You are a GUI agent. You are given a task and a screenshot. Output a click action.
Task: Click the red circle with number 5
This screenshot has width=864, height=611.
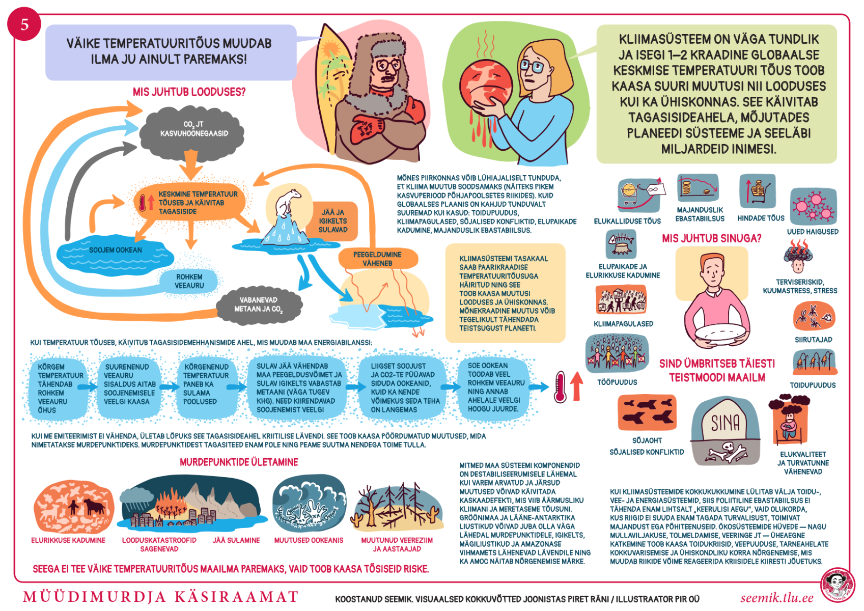pyautogui.click(x=24, y=24)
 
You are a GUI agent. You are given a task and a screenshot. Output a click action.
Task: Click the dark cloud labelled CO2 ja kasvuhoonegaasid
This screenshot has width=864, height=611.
pyautogui.click(x=193, y=129)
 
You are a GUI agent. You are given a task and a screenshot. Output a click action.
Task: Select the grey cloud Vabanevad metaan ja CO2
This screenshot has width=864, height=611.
pyautogui.click(x=259, y=304)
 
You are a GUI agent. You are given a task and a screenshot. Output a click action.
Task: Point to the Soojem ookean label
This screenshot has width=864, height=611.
pyautogui.click(x=116, y=250)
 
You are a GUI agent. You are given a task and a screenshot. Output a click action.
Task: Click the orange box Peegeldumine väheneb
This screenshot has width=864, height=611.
pyautogui.click(x=377, y=259)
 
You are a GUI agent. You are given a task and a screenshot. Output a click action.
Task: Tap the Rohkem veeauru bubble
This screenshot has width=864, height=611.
pyautogui.click(x=189, y=281)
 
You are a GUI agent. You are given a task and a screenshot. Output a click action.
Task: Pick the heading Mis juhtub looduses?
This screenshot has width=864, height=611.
pyautogui.click(x=189, y=92)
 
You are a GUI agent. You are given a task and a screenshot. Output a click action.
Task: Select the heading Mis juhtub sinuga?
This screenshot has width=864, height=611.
pyautogui.click(x=711, y=238)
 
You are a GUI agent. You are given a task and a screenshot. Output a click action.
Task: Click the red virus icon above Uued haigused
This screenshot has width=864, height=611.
pyautogui.click(x=813, y=206)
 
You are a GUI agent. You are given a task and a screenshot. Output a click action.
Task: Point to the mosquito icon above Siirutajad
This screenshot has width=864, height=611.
pyautogui.click(x=814, y=316)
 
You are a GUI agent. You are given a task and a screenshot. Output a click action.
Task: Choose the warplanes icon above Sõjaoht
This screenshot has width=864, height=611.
pyautogui.click(x=647, y=412)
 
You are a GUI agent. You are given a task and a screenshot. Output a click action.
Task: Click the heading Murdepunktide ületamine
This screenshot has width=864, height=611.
pyautogui.click(x=239, y=462)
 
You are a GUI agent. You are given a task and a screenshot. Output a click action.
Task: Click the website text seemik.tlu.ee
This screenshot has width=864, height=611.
pyautogui.click(x=776, y=598)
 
